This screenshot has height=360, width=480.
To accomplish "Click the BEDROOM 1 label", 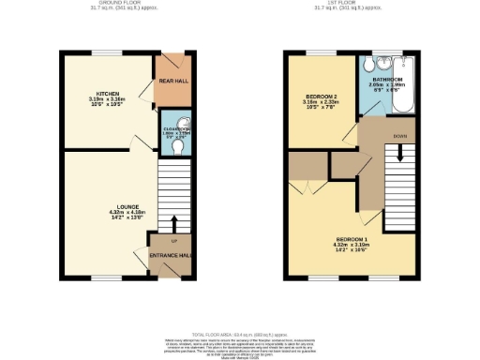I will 352,240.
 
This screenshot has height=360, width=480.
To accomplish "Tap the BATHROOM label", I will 387,82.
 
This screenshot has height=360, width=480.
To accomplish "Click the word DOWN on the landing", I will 400,137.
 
